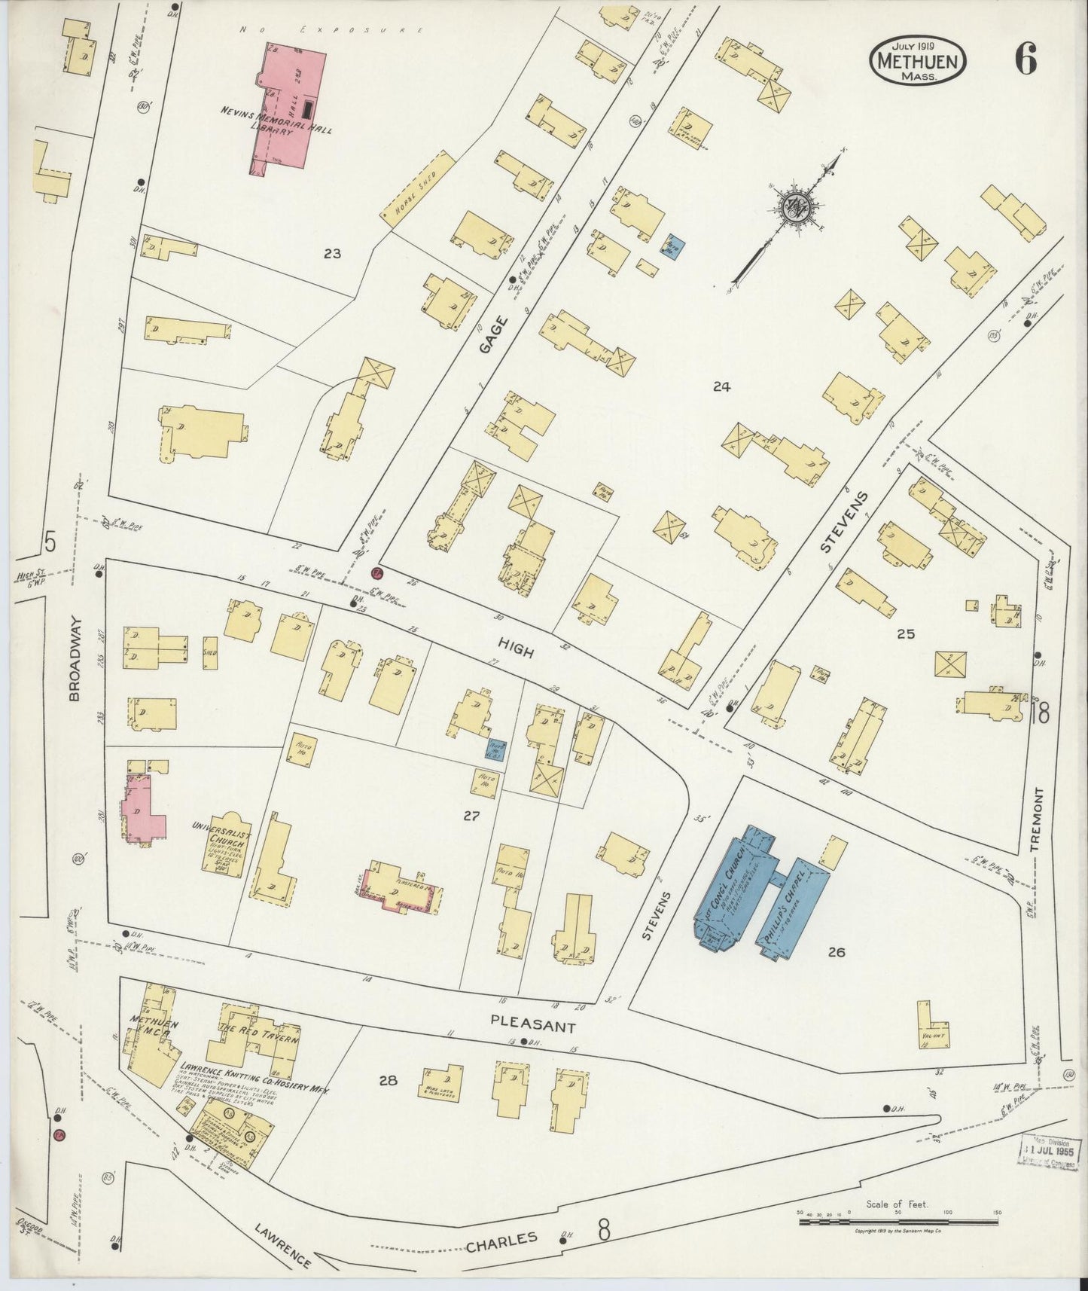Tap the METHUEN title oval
coord(918,62)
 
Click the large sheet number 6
coord(1025,59)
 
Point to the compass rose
coord(794,206)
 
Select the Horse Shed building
coord(420,188)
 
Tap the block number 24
coord(722,387)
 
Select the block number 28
coord(388,1080)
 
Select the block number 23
coord(332,254)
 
